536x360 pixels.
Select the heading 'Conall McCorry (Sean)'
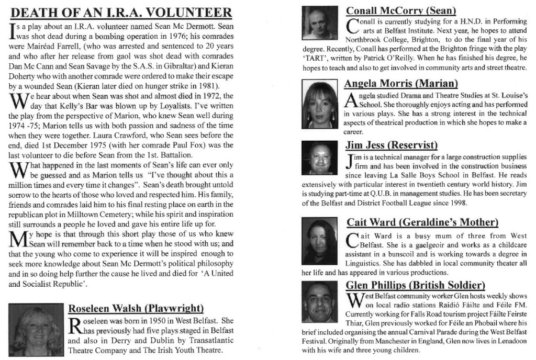click(x=401, y=10)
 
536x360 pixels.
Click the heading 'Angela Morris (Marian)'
click(x=400, y=83)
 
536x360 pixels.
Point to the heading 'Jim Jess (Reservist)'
click(x=391, y=145)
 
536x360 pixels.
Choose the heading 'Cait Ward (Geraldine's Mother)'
click(x=422, y=222)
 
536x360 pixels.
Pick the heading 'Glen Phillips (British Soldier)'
click(x=416, y=285)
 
